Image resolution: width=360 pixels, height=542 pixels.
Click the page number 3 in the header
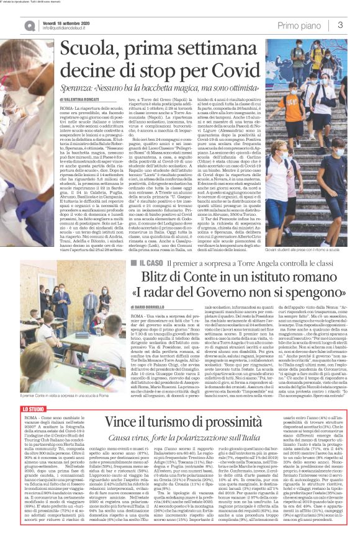(x=341, y=24)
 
